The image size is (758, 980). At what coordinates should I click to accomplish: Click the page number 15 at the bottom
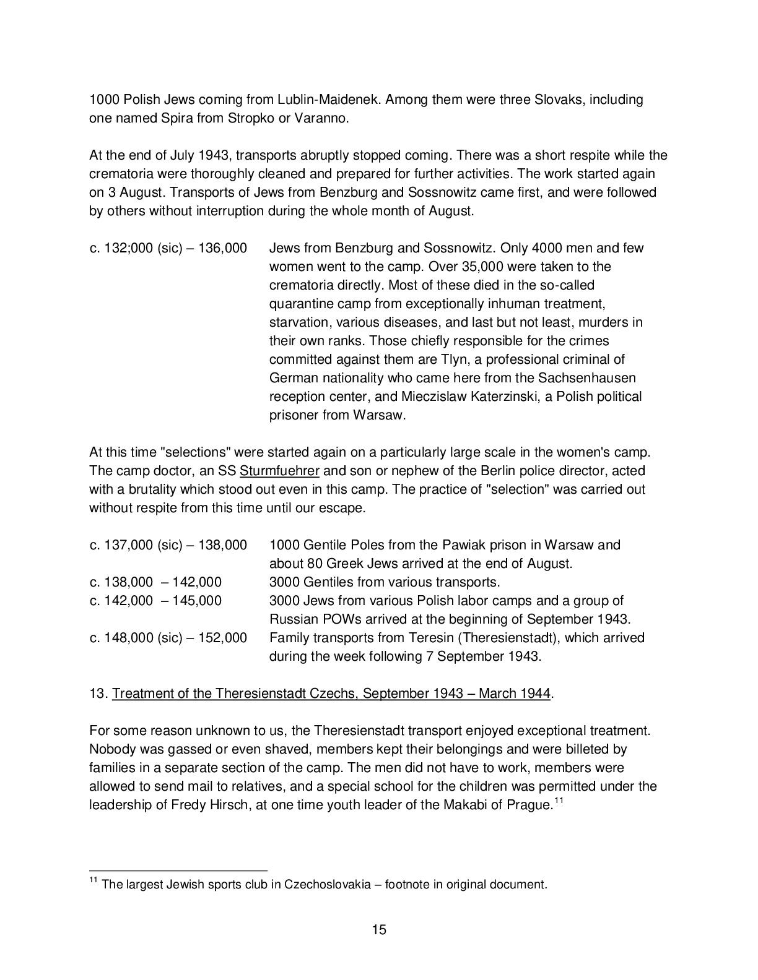pos(379,929)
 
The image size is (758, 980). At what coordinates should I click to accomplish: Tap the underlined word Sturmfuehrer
pos(279,471)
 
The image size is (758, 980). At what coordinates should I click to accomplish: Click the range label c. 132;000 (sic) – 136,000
pos(168,248)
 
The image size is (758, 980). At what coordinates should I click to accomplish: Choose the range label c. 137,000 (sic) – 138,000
pos(168,545)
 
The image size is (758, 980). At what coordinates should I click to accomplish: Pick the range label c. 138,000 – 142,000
pos(155,582)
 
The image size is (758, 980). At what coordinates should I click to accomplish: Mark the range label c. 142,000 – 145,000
pos(155,601)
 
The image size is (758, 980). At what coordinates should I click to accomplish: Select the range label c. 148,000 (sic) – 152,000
pos(168,638)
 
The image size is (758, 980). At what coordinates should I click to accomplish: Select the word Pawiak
pos(464,545)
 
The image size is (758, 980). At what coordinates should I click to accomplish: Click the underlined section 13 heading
pos(331,694)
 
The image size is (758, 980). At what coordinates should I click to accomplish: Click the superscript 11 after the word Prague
pos(557,801)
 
